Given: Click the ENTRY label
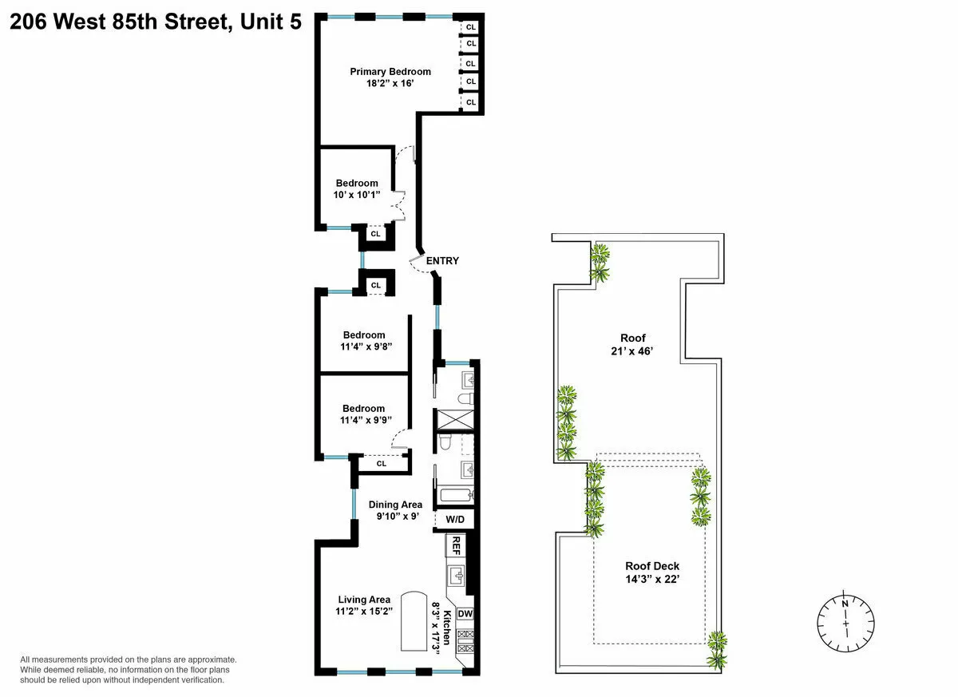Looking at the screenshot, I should [442, 261].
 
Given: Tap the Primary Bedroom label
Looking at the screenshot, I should [390, 72].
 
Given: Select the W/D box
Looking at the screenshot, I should [455, 519].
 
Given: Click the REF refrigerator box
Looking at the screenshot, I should [456, 546].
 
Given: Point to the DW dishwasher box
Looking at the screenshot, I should [465, 614].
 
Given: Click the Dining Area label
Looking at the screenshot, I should [395, 505].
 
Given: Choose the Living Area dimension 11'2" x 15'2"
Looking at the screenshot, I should [363, 612].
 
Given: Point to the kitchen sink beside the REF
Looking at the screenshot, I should [457, 576].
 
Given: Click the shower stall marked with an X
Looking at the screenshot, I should [453, 420].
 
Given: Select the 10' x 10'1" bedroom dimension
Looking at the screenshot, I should [357, 195].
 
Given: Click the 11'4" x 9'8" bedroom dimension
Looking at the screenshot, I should [364, 347].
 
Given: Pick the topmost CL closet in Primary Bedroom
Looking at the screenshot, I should [471, 26].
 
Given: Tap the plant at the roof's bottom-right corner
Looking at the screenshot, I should [717, 648].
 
